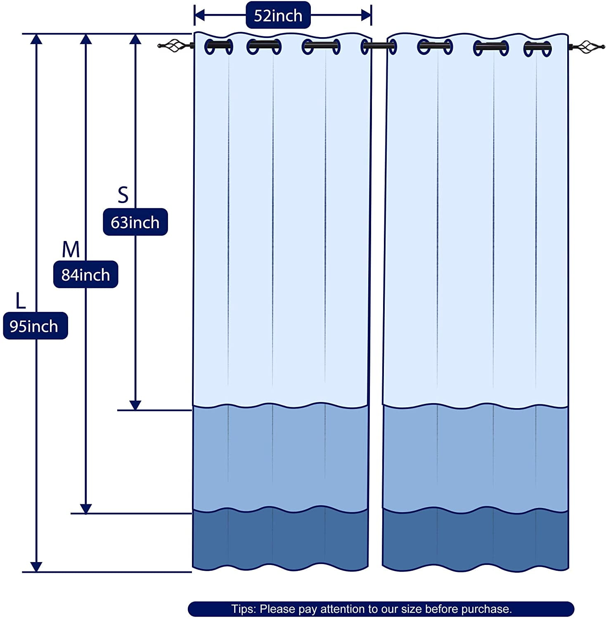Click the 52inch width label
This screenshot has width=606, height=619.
pos(278,15)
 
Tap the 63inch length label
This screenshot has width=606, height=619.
pos(135,222)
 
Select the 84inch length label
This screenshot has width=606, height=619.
pos(86,274)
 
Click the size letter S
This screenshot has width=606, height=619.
pos(123,195)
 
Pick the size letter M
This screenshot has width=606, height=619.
pos(71,249)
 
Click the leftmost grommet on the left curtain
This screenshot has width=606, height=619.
pos(218,47)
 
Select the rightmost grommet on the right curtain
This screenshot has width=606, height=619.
pos(537,49)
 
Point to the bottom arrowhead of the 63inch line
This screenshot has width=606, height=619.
pos(135,405)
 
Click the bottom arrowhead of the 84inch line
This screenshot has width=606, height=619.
pos(85,508)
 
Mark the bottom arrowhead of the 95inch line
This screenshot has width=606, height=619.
pos(36,567)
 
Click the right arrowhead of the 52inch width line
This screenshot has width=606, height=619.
pos(366,15)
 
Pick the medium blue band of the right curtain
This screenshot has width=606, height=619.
pos(475,458)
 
